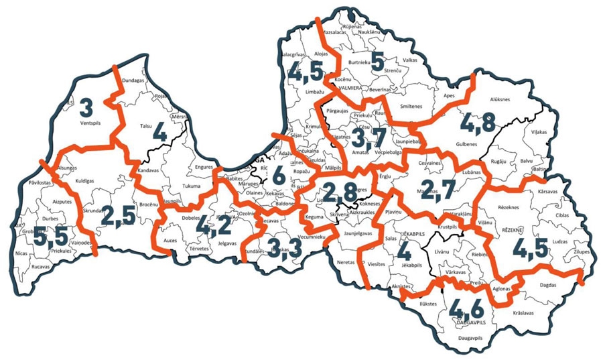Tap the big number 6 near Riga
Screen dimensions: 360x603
pos(278,175)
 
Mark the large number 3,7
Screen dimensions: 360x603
pos(369,139)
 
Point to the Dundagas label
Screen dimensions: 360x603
pos(135,80)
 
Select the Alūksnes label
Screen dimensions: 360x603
pos(500,100)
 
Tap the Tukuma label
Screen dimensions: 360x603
pos(191,186)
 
